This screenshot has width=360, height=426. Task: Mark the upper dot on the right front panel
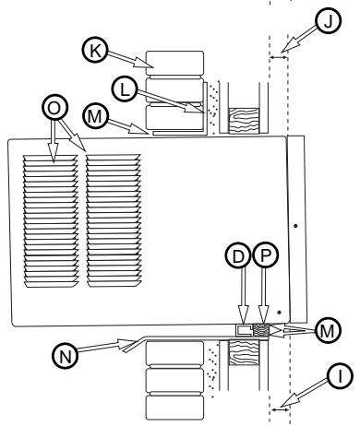tap(294, 224)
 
